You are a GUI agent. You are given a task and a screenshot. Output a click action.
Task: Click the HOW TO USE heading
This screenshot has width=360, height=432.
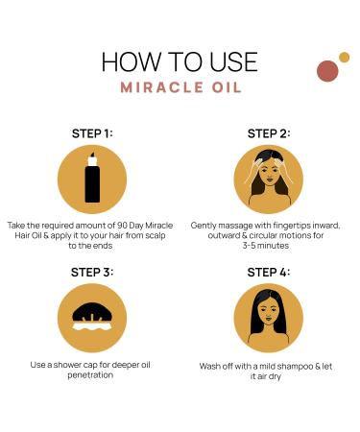(180, 61)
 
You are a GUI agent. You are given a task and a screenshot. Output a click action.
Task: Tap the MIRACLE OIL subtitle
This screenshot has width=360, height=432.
(180, 87)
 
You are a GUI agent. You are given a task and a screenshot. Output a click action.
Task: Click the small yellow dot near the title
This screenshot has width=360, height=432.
(344, 58)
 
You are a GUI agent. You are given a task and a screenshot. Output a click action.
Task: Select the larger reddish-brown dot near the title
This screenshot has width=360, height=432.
(327, 71)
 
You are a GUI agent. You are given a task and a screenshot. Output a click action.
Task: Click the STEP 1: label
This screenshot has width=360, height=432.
(92, 133)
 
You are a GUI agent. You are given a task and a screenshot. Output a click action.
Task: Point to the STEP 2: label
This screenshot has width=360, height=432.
(269, 133)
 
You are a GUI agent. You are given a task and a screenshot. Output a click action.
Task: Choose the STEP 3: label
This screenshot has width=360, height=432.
(92, 273)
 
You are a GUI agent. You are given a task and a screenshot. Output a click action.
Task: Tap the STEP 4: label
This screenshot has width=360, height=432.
(269, 273)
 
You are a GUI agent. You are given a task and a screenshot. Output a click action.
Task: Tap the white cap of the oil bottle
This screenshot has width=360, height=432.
(92, 159)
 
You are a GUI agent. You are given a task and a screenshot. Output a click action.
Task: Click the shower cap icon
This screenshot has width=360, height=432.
(92, 317)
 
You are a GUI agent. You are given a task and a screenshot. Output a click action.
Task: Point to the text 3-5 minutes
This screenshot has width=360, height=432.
(266, 246)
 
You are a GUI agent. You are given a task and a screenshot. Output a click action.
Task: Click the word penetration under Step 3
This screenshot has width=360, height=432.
(90, 375)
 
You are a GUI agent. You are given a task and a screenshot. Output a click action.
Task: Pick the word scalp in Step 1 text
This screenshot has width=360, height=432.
(156, 236)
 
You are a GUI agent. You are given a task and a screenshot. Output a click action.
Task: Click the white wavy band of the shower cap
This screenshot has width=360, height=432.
(92, 326)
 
